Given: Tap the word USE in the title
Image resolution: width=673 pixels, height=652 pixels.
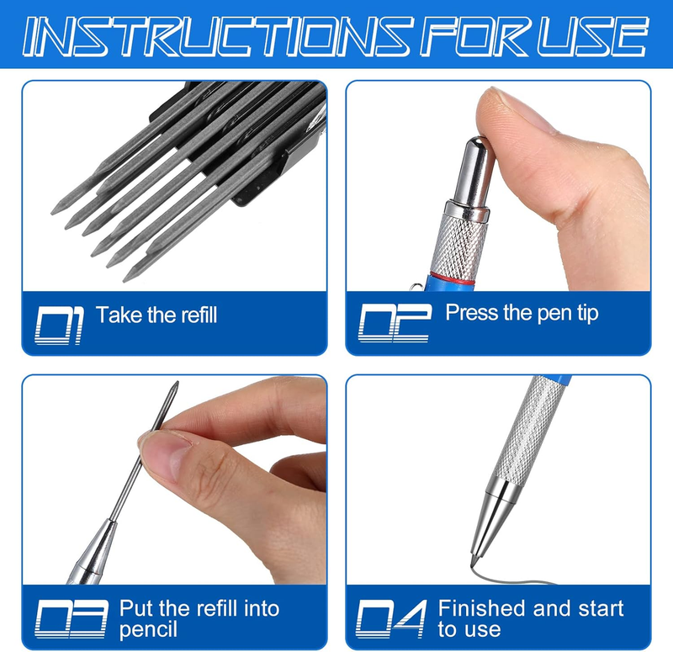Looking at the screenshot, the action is (591, 36).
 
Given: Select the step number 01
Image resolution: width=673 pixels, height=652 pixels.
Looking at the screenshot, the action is (58, 325).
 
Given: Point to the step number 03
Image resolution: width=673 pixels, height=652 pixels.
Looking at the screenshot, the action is (71, 618).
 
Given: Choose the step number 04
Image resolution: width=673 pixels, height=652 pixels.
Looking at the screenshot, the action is (391, 618).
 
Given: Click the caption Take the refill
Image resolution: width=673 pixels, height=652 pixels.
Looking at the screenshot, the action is (156, 315).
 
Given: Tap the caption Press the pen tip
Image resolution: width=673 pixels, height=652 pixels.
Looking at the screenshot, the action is (522, 313).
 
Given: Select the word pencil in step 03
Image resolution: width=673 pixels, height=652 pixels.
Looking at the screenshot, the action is (148, 630).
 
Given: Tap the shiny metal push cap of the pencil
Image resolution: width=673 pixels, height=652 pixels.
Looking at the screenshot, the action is (474, 172).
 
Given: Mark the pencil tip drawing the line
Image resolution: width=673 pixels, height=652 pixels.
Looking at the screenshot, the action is (473, 561).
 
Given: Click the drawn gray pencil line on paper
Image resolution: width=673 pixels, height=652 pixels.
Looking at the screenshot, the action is (511, 579).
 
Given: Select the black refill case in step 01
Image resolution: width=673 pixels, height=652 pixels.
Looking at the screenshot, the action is (241, 141).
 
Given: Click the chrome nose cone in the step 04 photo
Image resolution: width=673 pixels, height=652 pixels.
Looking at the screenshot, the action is (491, 519).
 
